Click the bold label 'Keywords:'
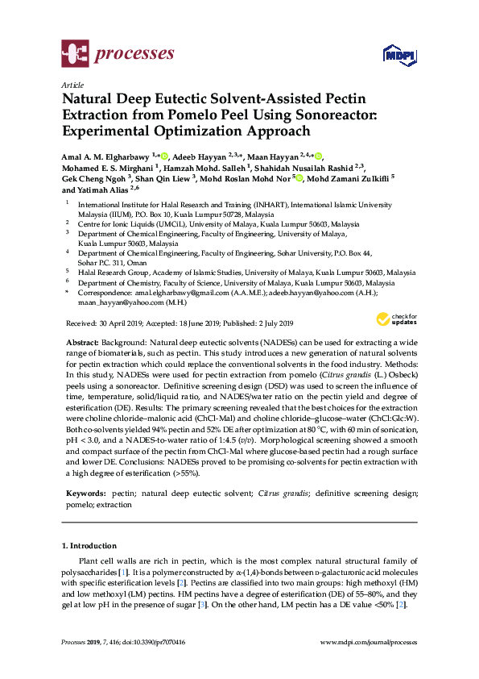(x=85, y=492)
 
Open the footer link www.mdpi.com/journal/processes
(x=368, y=642)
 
